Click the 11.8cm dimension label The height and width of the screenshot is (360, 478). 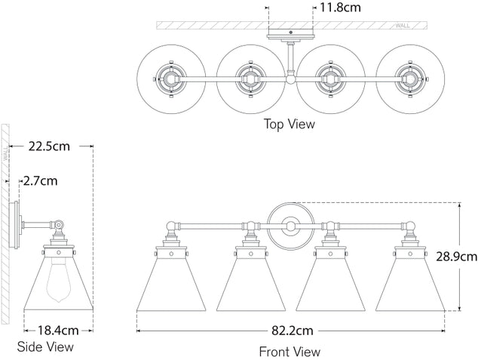pyautogui.click(x=341, y=8)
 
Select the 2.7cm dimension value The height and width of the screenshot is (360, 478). pyautogui.click(x=41, y=181)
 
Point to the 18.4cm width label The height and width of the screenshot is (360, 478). pyautogui.click(x=57, y=330)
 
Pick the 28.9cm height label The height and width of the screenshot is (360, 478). pyautogui.click(x=460, y=257)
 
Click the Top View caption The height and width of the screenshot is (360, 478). pyautogui.click(x=290, y=124)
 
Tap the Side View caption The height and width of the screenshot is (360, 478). pyautogui.click(x=45, y=347)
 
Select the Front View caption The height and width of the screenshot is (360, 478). pyautogui.click(x=290, y=351)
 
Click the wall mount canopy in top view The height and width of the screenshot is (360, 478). pyautogui.click(x=290, y=35)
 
